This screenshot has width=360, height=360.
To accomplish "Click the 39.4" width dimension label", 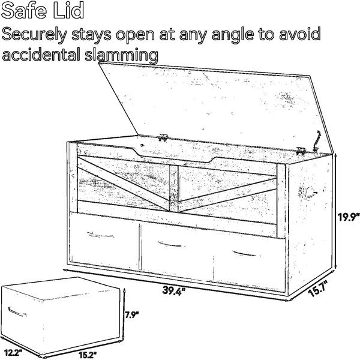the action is click(173, 290).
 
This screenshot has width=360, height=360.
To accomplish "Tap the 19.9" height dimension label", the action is click(349, 217).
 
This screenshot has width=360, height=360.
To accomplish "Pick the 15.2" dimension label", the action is click(87, 355).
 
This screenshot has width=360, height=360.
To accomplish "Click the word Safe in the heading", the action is click(24, 11).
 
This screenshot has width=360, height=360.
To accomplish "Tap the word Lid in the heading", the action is click(68, 11).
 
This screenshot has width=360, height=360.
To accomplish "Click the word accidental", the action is click(41, 54).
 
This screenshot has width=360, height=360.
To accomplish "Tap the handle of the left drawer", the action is click(100, 235).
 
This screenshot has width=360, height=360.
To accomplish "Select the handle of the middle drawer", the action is click(171, 244).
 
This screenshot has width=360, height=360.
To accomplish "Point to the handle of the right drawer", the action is click(245, 253).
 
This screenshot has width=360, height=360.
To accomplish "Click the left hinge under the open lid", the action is click(163, 137).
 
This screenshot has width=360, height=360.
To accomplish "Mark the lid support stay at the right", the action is click(316, 141).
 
